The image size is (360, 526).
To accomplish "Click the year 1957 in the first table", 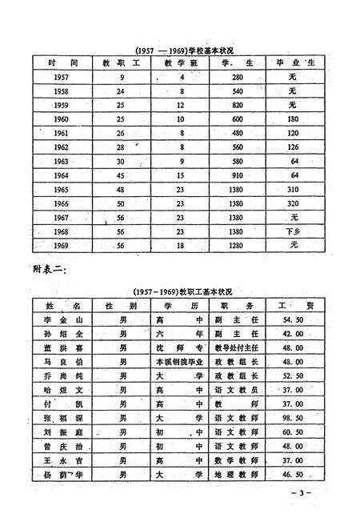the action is (x=61, y=77).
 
